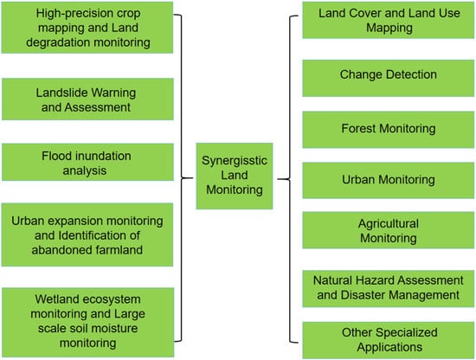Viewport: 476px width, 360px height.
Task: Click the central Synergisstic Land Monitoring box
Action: [x=235, y=176]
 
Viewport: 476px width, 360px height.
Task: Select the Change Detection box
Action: [x=389, y=78]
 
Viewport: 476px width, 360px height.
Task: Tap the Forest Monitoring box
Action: [x=389, y=130]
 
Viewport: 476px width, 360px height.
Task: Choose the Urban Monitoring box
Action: [x=389, y=180]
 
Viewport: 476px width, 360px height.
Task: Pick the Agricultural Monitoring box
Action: [x=389, y=230]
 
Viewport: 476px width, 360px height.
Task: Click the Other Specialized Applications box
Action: [x=389, y=340]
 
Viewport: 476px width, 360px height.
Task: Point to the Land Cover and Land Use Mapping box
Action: [x=389, y=20]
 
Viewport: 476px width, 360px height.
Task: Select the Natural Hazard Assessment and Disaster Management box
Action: [x=389, y=289]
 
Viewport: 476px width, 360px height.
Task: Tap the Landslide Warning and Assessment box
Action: [x=87, y=99]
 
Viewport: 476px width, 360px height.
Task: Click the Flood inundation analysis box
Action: [x=87, y=162]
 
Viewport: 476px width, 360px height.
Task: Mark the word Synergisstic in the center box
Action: [x=235, y=161]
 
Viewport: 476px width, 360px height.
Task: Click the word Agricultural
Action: [x=389, y=224]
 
